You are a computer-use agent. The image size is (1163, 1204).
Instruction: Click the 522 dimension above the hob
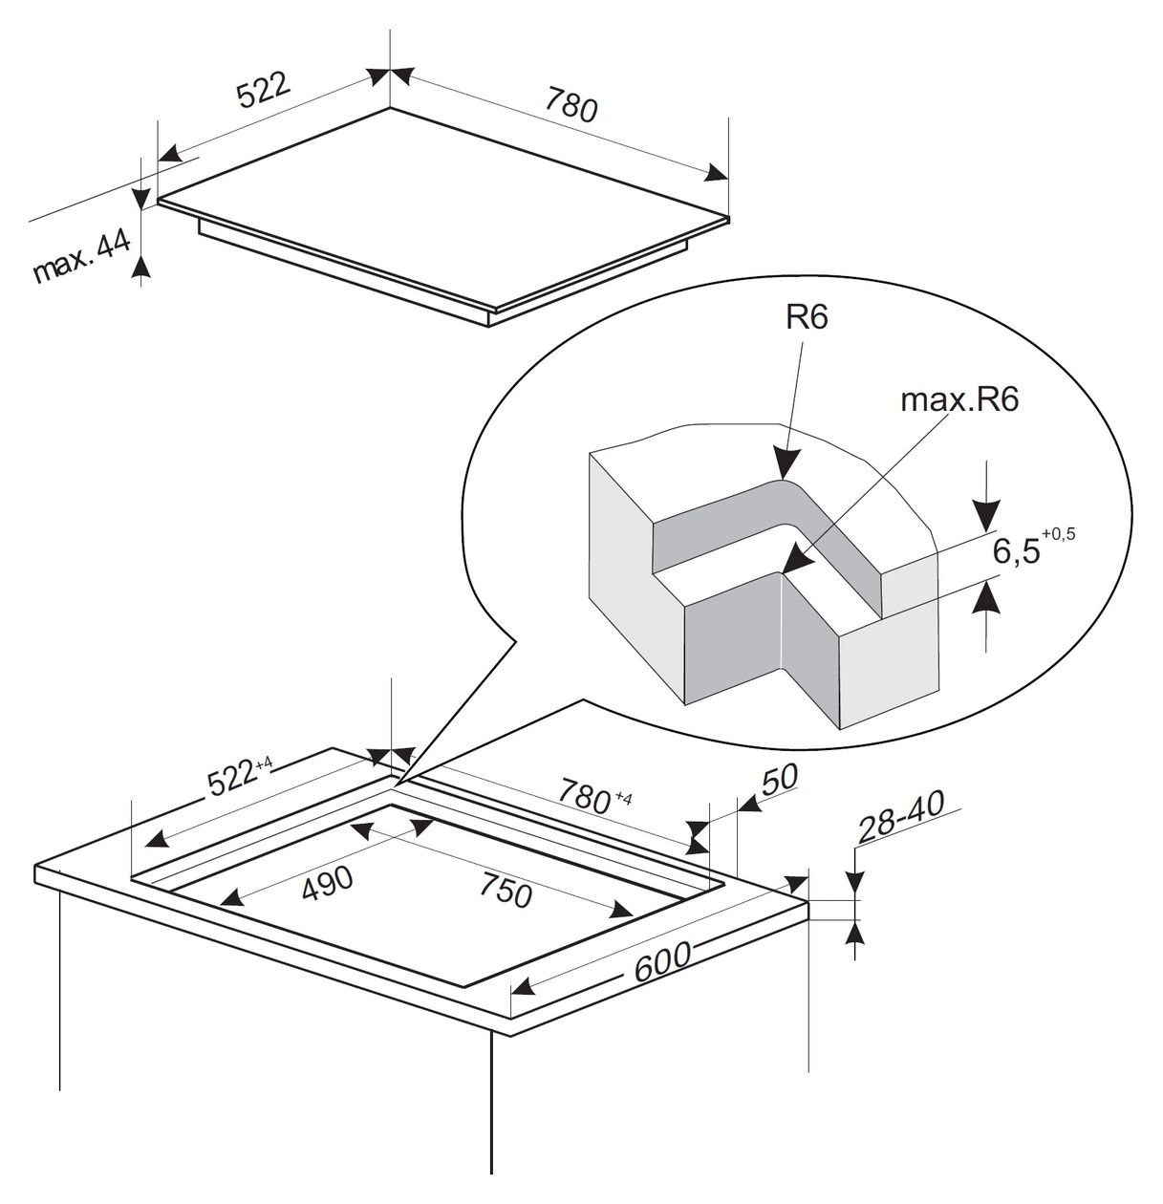coord(264,91)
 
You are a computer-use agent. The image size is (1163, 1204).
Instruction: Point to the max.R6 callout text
coord(959,400)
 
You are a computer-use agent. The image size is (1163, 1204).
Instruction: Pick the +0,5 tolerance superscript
coord(1059,533)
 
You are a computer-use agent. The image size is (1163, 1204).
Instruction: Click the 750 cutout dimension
coord(506,890)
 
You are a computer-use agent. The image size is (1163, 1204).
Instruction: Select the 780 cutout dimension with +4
coord(594,796)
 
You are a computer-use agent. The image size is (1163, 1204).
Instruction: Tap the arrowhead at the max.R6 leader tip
coord(797,561)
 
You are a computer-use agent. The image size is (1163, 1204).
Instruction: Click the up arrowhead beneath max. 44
coord(142,268)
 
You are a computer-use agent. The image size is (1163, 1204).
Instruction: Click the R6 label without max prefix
coord(807,319)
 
